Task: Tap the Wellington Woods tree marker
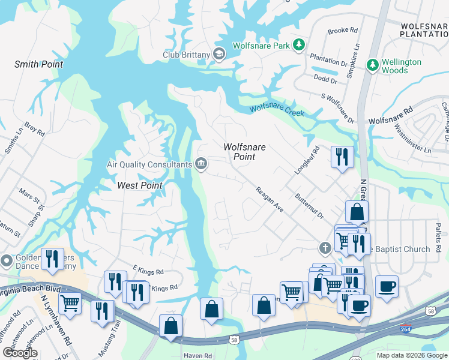[373, 65]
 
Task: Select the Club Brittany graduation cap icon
[219, 55]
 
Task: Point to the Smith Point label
[39, 64]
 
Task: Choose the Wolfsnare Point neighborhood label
[244, 151]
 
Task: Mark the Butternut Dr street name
[309, 206]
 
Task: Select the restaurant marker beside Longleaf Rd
[342, 157]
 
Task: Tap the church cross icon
[325, 248]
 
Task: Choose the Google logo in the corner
[20, 353]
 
